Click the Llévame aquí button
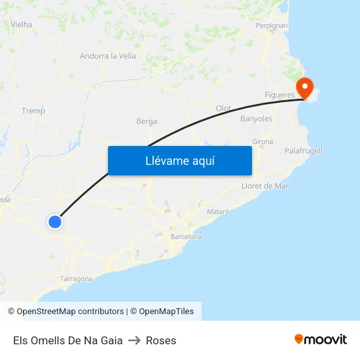179,160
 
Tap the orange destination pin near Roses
305,88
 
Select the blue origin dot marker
55,222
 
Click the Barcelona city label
186,236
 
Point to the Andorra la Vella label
108,56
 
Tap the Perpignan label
272,26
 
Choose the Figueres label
280,95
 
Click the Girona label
262,141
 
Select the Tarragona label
77,279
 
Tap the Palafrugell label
304,151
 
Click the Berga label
147,121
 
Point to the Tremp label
33,111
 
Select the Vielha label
22,25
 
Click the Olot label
223,108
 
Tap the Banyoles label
256,119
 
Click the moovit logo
321,340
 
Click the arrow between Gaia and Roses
134,340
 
